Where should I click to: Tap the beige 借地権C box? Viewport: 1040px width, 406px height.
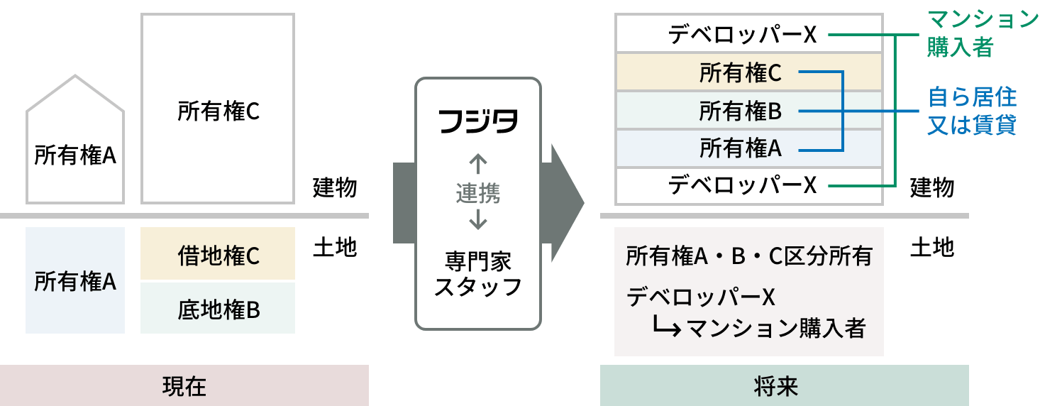click(x=218, y=254)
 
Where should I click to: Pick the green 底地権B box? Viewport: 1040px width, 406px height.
click(x=218, y=308)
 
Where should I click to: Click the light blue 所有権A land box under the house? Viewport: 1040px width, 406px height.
click(x=74, y=280)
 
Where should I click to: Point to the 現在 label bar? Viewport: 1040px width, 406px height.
click(x=184, y=385)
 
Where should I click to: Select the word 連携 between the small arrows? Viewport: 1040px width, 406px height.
click(x=478, y=193)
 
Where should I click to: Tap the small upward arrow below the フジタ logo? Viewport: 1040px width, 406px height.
click(x=478, y=164)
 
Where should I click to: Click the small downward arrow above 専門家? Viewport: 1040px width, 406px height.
click(x=478, y=221)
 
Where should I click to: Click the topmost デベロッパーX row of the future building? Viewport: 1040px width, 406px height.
click(x=749, y=34)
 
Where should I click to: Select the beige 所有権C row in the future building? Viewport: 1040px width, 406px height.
click(x=749, y=72)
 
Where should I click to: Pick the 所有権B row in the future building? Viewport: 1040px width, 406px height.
click(x=749, y=111)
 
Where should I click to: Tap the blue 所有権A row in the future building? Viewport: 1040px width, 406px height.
click(x=749, y=148)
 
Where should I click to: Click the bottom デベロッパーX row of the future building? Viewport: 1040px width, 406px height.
click(x=749, y=186)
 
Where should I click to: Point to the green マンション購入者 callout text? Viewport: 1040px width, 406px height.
click(x=983, y=34)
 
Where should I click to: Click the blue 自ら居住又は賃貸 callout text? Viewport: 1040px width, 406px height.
click(x=973, y=111)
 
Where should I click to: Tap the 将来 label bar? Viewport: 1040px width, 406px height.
click(x=784, y=385)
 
